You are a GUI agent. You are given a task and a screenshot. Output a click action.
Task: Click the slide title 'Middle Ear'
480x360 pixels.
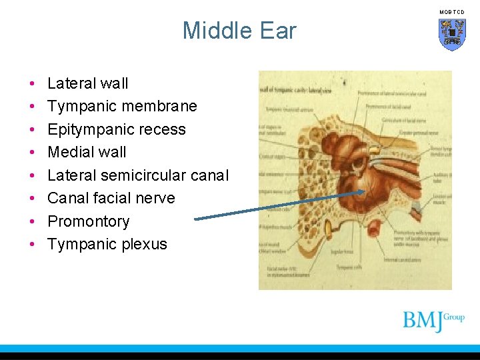(x=239, y=31)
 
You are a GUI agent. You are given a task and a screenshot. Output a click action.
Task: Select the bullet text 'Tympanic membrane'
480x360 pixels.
(x=122, y=106)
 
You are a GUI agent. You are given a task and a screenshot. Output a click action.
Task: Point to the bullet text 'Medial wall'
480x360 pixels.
(x=87, y=152)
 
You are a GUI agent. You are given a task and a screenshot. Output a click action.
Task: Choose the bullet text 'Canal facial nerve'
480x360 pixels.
(x=111, y=198)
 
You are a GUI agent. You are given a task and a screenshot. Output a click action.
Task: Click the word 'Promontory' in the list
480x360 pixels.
(x=88, y=221)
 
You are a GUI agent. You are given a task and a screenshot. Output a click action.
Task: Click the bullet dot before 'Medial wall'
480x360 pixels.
(x=33, y=153)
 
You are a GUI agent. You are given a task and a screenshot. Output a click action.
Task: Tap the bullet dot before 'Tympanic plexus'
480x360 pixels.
(x=33, y=245)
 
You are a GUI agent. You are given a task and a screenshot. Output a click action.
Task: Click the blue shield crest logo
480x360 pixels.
(x=451, y=34)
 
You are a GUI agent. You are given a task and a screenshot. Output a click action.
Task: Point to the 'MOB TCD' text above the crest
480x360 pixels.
(x=451, y=12)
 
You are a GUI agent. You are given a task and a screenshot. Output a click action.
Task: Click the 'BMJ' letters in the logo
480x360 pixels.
(x=423, y=321)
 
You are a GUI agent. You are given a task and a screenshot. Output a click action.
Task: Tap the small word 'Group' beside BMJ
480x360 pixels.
(x=454, y=317)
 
